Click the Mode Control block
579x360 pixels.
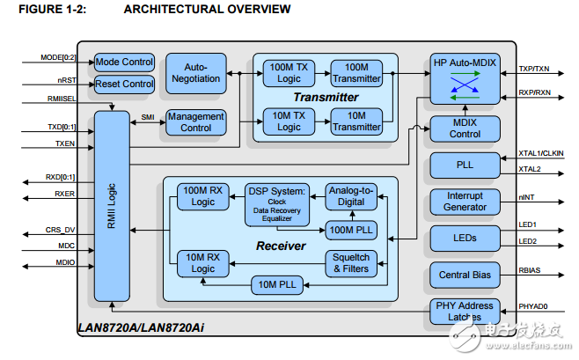pos(124,62)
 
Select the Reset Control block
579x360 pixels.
pos(124,84)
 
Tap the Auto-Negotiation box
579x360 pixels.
pos(196,73)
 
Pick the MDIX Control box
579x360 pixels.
pos(465,128)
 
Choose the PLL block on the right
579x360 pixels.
pos(465,165)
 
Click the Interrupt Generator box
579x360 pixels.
pos(465,202)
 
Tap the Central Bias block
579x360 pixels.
pos(465,276)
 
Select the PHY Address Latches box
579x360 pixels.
pos(465,312)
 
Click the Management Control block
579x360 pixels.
pos(195,122)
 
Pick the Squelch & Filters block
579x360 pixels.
pos(351,261)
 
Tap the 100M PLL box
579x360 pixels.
pos(351,230)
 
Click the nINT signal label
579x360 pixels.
pos(527,198)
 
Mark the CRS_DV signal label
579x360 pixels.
pos(60,230)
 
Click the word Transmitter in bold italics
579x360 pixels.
pos(326,98)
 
